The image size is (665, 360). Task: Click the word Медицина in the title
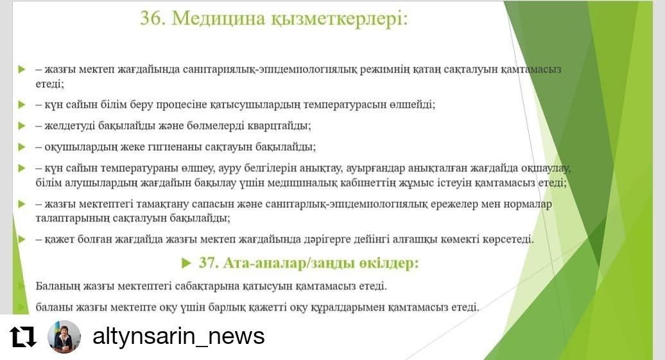point(218,19)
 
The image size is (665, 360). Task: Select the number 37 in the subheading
point(208,263)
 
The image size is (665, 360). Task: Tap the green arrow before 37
point(186,263)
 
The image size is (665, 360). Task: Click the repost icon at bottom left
point(23,337)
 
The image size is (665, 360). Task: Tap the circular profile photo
point(64,337)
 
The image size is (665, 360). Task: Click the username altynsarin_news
point(178,336)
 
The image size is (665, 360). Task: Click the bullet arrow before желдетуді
point(22,126)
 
